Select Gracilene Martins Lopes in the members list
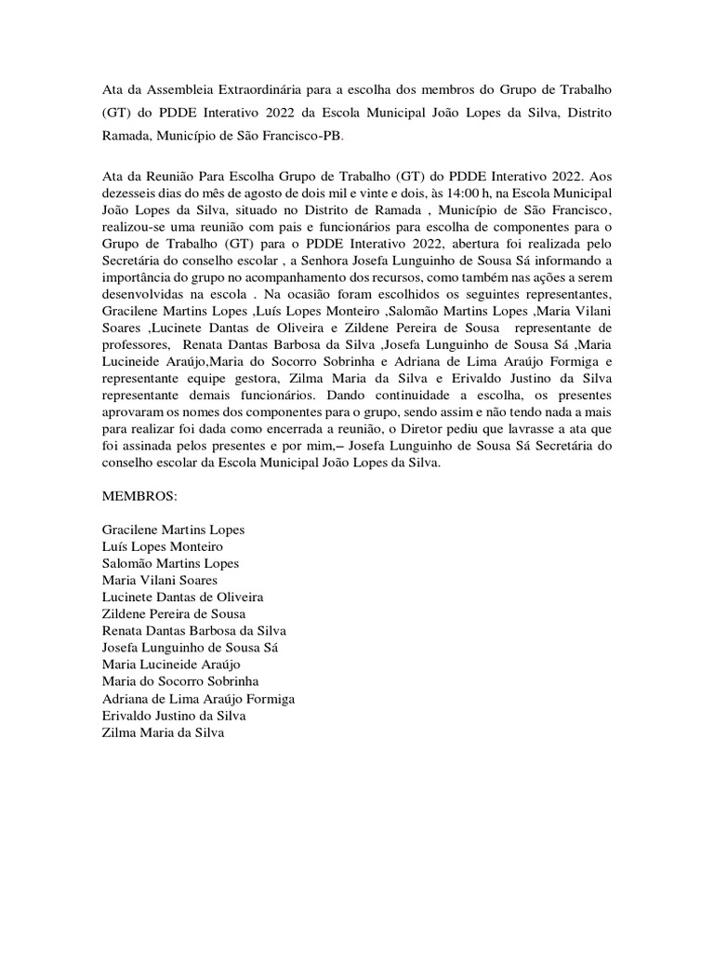(173, 530)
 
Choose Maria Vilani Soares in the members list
(160, 580)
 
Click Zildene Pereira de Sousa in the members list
(173, 613)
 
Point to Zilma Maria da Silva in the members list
(163, 732)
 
